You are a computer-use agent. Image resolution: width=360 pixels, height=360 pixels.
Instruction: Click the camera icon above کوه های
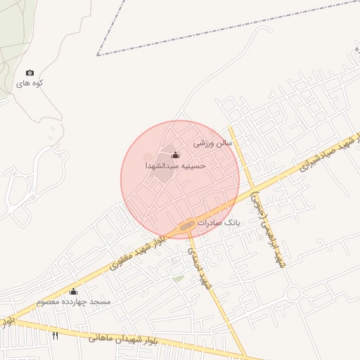30,73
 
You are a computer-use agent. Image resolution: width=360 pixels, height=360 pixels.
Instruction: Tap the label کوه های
31,84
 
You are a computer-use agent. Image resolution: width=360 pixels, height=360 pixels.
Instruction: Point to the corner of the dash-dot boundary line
97,55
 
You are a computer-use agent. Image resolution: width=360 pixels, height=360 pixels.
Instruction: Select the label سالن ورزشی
213,142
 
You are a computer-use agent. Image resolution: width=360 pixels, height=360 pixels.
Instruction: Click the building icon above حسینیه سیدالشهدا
175,155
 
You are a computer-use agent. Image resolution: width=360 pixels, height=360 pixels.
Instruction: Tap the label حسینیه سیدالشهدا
175,166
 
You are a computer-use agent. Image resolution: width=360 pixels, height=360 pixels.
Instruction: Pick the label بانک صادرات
219,222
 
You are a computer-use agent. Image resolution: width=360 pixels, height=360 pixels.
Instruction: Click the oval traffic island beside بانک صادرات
186,226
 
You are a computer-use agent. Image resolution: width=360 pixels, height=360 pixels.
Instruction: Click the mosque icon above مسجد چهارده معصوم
73,292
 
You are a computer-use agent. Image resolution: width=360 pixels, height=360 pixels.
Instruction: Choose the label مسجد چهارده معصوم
74,302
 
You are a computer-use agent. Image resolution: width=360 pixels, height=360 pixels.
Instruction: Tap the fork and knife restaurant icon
56,335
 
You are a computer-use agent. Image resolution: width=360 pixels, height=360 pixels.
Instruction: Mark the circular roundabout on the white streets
293,292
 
